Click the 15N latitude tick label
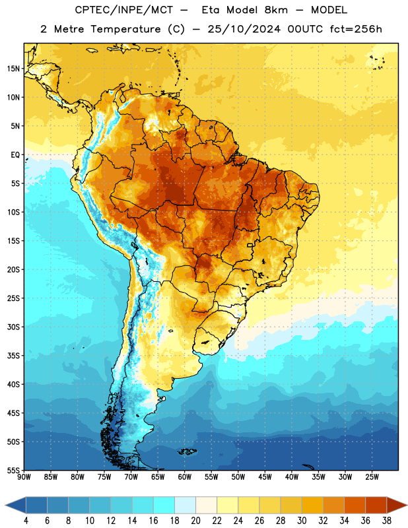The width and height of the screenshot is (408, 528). click(x=13, y=69)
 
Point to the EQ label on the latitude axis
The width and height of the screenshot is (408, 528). click(x=15, y=155)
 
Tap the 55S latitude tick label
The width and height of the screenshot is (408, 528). click(x=13, y=470)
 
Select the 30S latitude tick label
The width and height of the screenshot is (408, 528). click(x=13, y=327)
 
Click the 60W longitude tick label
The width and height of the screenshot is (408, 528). click(x=185, y=477)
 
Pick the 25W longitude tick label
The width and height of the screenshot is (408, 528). click(x=372, y=477)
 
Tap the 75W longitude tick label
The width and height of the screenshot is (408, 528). click(x=104, y=477)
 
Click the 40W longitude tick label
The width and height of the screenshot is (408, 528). click(x=292, y=477)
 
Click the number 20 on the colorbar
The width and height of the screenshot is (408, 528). click(x=195, y=521)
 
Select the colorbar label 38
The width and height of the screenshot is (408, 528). click(x=387, y=521)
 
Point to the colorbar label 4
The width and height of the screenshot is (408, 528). click(x=26, y=521)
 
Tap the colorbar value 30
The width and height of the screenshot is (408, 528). click(x=302, y=521)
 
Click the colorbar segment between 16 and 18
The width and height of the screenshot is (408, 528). click(x=164, y=505)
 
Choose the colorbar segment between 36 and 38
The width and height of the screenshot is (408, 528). click(x=376, y=505)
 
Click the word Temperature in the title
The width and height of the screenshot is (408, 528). click(x=125, y=29)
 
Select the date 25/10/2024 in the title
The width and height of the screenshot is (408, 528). click(x=244, y=29)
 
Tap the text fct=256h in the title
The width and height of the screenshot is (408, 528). click(x=356, y=29)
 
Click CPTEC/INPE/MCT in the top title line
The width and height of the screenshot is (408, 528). click(x=124, y=10)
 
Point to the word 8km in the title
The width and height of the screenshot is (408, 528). click(x=276, y=10)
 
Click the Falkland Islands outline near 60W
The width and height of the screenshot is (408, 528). click(x=187, y=451)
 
